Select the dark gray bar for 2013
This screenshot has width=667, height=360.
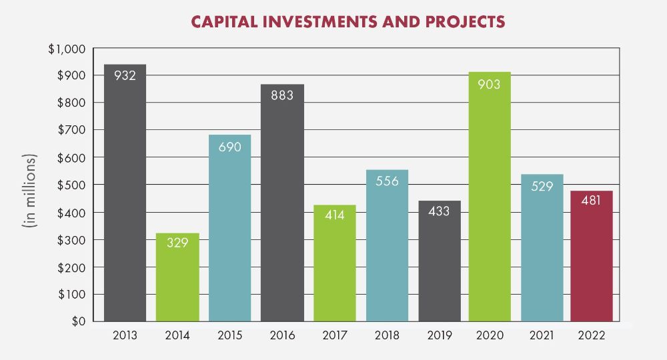point(125,200)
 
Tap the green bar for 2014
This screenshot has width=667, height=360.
point(177,280)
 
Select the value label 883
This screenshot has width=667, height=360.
point(282,95)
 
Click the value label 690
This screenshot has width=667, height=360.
point(229,145)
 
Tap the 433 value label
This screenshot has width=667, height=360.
point(439,212)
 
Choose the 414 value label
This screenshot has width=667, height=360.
point(335,216)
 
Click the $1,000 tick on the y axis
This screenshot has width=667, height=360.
point(67,49)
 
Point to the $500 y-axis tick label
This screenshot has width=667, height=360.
point(70,185)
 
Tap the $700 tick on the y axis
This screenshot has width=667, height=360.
point(70,130)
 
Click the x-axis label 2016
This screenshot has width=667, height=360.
point(282,335)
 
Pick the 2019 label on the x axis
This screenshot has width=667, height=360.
point(439,335)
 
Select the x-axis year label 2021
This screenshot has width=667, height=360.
point(542,335)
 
